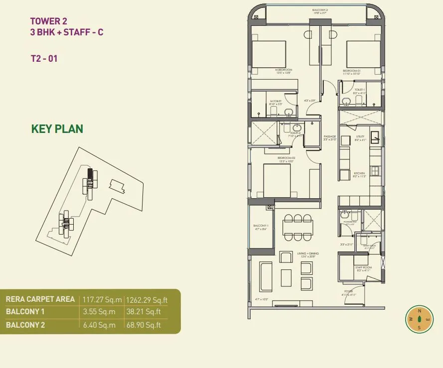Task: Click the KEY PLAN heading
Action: (x=57, y=129)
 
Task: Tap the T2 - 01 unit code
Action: (x=44, y=58)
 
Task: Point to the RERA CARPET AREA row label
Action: (x=40, y=299)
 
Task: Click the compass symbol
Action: (x=419, y=319)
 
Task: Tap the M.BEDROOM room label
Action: (x=283, y=70)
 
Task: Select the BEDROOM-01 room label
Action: (x=351, y=71)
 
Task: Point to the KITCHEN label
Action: (x=359, y=173)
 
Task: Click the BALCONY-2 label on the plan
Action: (x=320, y=9)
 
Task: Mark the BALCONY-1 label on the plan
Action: (x=261, y=226)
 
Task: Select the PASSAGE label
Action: (x=329, y=136)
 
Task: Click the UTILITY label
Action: (x=360, y=136)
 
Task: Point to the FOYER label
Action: (x=348, y=291)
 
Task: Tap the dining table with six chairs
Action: (x=297, y=227)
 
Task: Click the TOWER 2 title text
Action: (x=48, y=21)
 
